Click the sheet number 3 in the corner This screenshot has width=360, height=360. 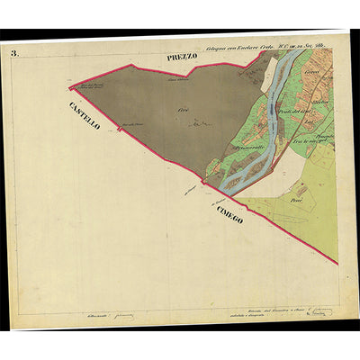14,54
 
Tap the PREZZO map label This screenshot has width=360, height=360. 181,58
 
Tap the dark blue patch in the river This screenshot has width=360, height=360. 270,109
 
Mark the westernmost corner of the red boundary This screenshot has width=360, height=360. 68,87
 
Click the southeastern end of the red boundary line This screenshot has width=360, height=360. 336,263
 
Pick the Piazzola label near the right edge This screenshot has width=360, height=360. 320,134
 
